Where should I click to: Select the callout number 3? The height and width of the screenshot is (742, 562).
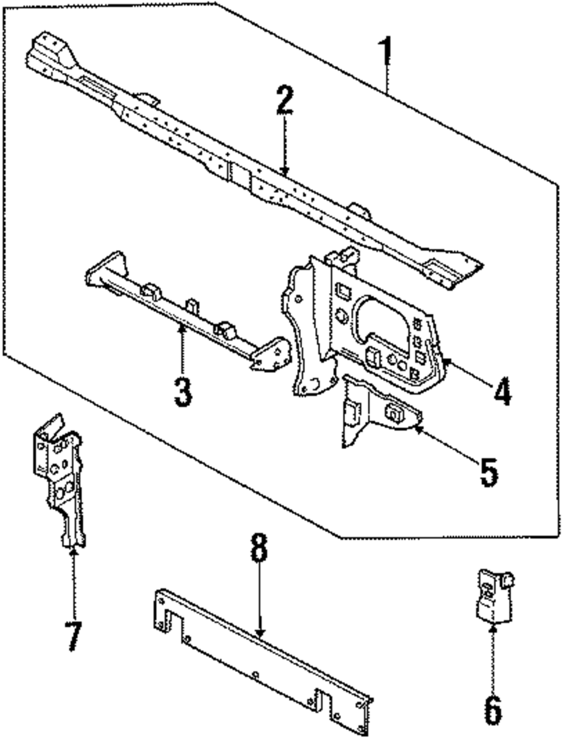[183, 392]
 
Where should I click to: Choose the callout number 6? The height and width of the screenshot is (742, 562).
[492, 711]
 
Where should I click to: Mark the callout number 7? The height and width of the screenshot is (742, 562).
[74, 636]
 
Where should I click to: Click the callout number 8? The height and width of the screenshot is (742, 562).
[259, 548]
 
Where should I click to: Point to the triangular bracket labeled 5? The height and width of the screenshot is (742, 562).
[377, 410]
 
